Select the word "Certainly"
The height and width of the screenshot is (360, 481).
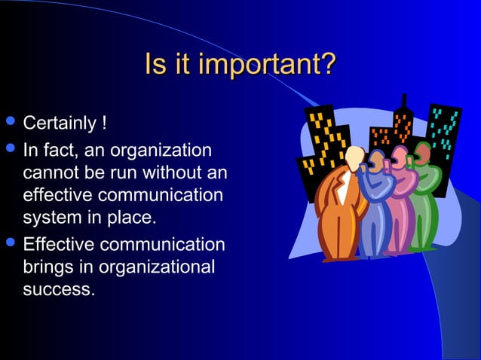pyautogui.click(x=63, y=122)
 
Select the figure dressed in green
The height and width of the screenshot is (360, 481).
pyautogui.click(x=426, y=200)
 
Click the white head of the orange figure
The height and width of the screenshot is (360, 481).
pyautogui.click(x=354, y=159)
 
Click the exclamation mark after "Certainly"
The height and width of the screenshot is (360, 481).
pyautogui.click(x=112, y=122)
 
